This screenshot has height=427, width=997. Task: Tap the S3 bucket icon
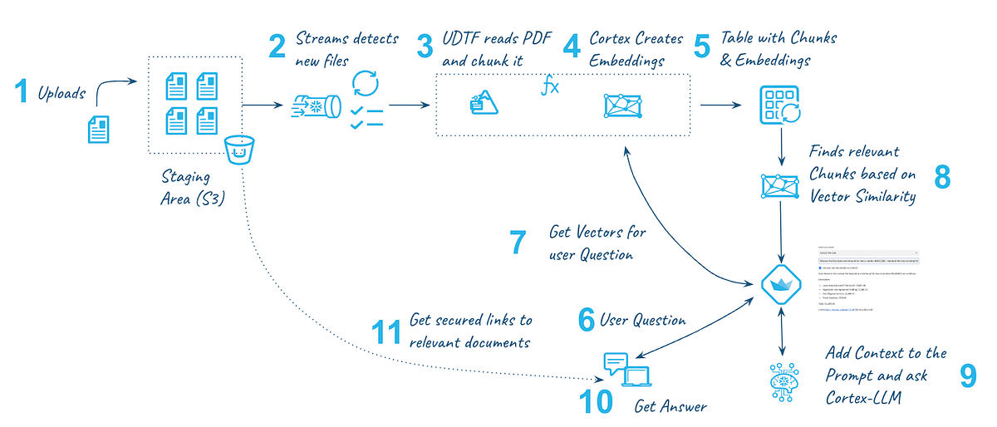(238, 152)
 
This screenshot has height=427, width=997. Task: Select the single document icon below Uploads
(100, 129)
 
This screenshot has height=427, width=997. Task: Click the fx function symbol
(550, 86)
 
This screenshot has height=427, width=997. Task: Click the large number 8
(941, 176)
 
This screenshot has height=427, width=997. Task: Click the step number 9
(968, 375)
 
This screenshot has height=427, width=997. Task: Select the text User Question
(642, 320)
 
